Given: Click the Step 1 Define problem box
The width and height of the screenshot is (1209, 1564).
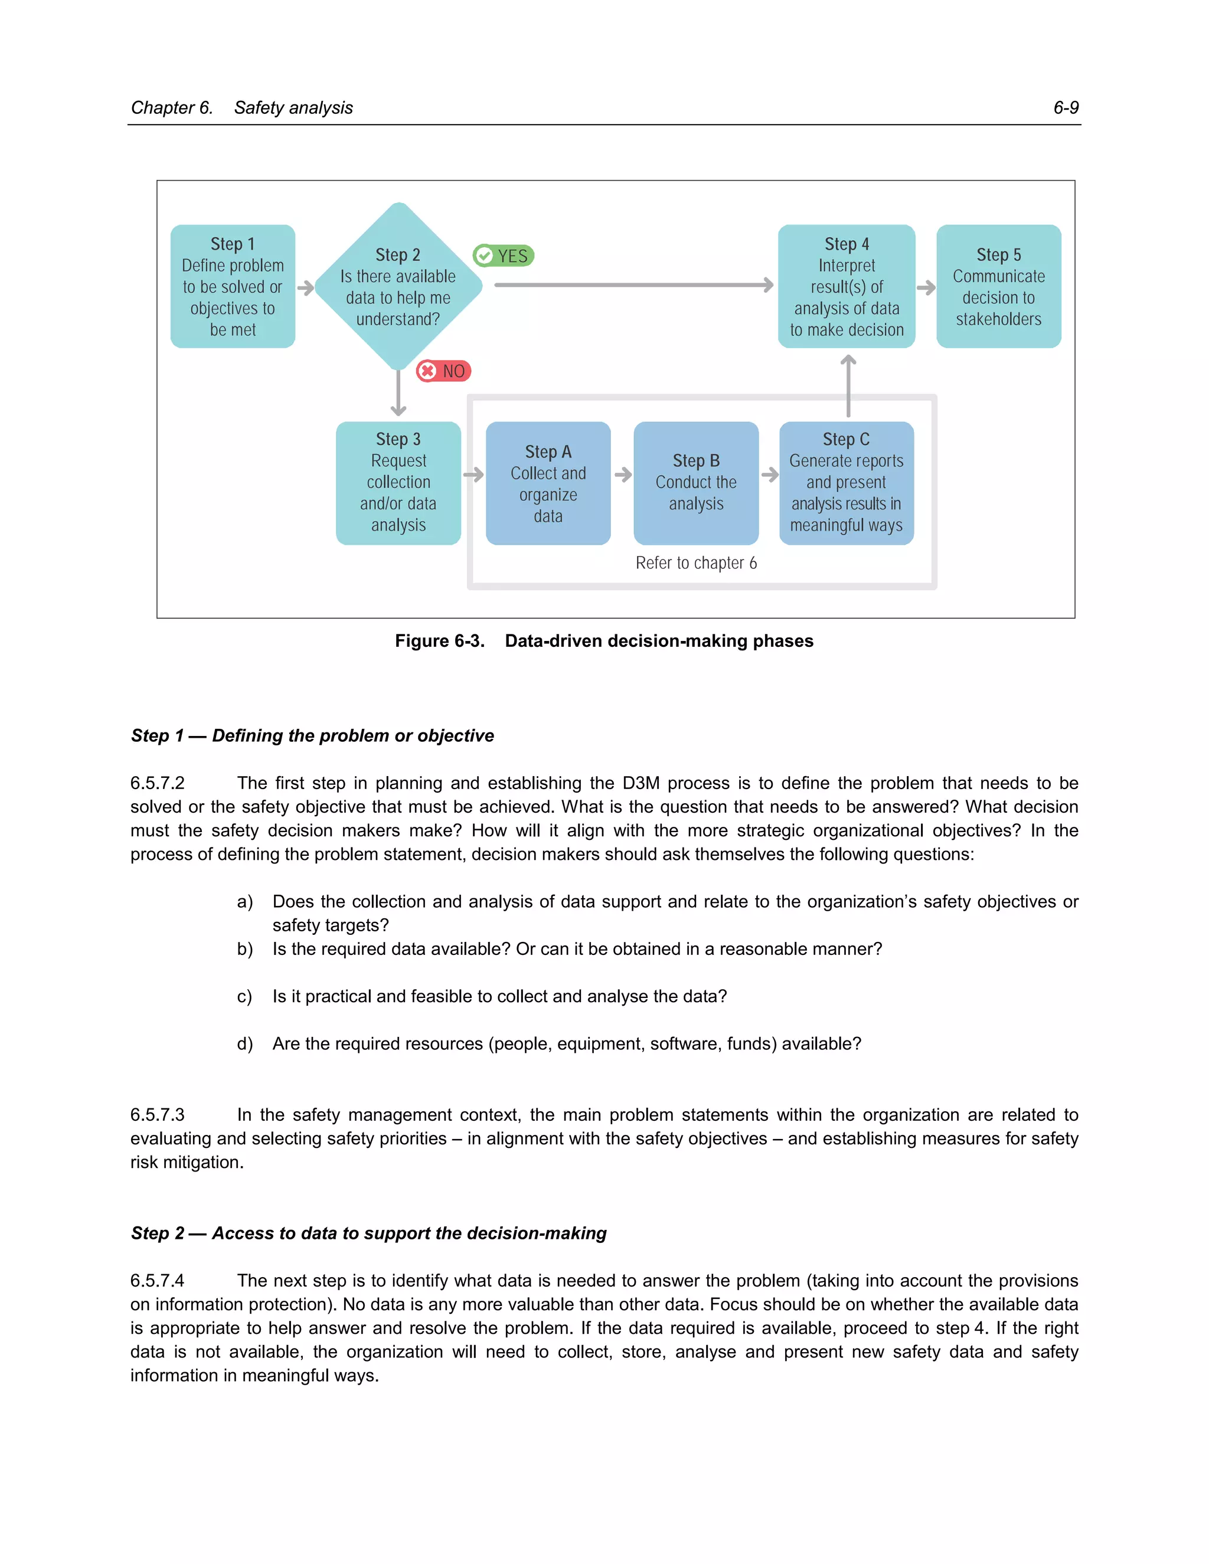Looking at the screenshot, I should (x=233, y=286).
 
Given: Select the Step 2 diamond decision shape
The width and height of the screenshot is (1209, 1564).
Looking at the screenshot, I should (x=398, y=286).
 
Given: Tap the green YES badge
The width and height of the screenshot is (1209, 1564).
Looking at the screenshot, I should (x=504, y=256).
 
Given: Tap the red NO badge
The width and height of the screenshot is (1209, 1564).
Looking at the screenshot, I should (x=444, y=371).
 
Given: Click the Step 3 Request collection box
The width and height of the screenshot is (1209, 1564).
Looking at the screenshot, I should (x=398, y=483).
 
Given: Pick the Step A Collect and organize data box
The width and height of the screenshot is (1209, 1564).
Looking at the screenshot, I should (x=548, y=483).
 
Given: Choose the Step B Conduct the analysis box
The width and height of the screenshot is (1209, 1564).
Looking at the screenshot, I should (x=695, y=483).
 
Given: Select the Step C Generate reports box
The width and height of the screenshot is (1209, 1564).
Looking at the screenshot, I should (x=846, y=483).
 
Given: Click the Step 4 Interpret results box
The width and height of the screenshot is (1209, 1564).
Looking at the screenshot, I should (x=847, y=286).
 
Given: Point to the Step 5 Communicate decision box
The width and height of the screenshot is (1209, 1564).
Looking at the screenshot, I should (x=998, y=286).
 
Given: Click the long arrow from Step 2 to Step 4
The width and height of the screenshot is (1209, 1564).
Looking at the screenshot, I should (x=633, y=285).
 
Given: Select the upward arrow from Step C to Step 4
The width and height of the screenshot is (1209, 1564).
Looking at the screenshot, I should (x=848, y=387).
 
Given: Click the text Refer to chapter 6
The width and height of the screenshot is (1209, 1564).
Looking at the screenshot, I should (x=695, y=563).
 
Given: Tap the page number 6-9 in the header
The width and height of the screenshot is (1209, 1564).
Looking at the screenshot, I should (x=1066, y=107).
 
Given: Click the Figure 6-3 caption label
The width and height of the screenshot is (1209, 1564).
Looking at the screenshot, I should (x=440, y=641).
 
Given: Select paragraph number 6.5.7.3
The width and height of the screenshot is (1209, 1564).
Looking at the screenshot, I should (x=158, y=1115).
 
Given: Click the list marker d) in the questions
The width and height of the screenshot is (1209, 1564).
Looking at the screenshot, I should (x=245, y=1044).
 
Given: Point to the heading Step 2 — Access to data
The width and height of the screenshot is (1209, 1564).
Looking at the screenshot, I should (x=369, y=1233).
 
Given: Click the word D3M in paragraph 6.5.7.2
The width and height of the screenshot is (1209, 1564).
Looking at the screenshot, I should (x=641, y=783).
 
